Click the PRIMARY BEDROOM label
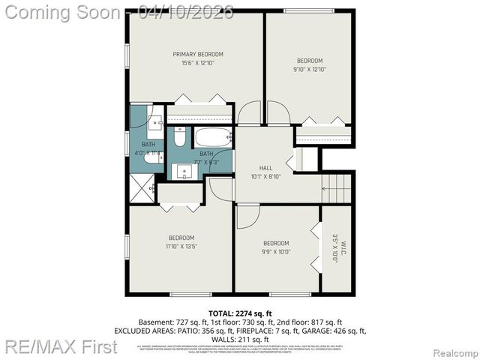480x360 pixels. point(198,54)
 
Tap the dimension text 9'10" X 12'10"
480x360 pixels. point(310,69)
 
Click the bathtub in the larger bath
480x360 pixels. point(214,138)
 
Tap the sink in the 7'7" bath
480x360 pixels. point(185,171)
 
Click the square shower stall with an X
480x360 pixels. point(142,187)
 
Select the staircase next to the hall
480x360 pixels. point(337,190)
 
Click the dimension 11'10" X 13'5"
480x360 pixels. point(181,246)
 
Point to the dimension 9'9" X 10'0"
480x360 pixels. point(276,252)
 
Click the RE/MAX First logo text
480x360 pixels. point(61,346)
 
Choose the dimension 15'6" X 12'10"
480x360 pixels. point(198,63)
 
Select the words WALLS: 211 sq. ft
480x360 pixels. point(239,338)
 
